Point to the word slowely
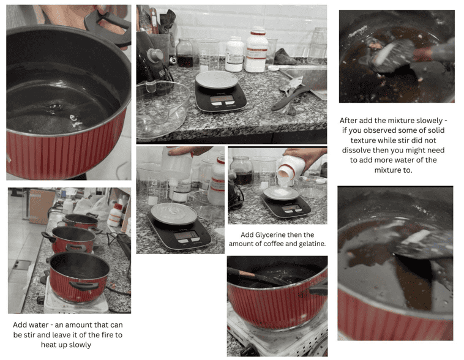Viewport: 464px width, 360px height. coord(429,121)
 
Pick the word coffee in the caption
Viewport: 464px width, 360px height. coord(272,244)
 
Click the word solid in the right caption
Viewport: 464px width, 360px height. coord(436,130)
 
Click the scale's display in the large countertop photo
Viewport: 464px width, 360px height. coord(222,99)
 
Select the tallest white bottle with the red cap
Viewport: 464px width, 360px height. coord(256,50)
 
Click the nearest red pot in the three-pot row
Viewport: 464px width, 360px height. coord(78,278)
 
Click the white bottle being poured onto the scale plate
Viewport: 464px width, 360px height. coord(290,168)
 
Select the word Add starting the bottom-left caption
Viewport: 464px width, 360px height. coord(20,324)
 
